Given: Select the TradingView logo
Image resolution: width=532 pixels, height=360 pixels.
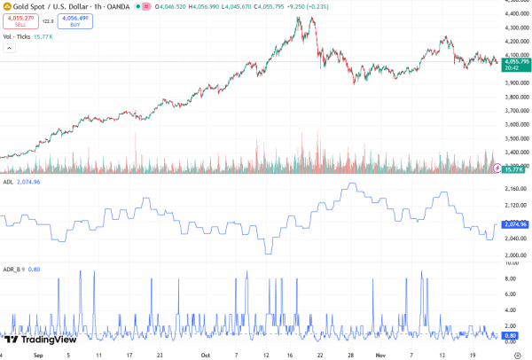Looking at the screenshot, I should point(41,339).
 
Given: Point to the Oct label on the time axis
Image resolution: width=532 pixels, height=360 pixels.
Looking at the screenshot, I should point(206,354).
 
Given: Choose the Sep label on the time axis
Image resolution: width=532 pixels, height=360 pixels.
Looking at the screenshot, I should point(37,354).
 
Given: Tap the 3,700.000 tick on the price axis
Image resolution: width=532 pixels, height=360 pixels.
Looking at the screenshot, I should point(515,110).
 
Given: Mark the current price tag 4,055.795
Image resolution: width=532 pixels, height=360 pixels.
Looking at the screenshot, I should point(515,61).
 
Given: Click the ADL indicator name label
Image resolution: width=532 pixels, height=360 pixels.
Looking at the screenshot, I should point(7,181).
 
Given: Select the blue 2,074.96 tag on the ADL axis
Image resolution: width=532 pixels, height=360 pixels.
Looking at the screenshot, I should point(515,224).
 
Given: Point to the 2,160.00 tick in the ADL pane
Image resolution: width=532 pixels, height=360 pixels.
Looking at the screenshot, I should point(515,190).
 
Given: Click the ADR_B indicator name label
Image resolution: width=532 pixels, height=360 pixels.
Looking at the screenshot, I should point(12,268).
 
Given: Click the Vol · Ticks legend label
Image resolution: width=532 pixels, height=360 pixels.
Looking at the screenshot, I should point(16,36).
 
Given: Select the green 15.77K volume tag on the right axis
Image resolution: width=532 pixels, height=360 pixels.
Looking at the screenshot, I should point(515,168).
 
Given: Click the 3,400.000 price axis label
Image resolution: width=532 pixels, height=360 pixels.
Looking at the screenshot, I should point(515,152).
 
